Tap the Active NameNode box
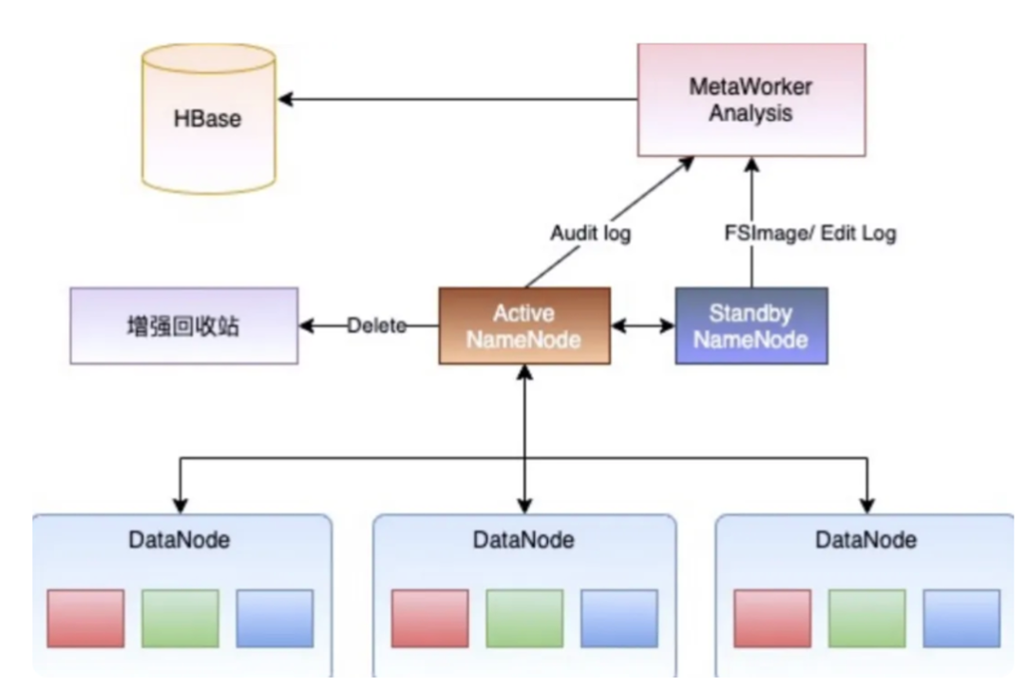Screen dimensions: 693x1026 coord(523,326)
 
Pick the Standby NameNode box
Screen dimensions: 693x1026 coord(750,326)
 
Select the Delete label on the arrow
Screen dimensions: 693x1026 coord(376,326)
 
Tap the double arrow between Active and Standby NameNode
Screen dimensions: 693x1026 coord(641,326)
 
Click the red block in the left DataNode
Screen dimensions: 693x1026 coord(85,618)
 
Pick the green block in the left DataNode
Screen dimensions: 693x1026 coord(180,618)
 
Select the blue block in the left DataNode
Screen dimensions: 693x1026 coord(274,618)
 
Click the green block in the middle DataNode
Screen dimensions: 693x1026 coord(523,618)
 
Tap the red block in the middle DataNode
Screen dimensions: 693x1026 coord(429,618)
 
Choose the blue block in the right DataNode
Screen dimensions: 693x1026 coord(960,618)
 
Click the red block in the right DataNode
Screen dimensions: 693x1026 coord(772,618)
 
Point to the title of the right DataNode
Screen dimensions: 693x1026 coord(866,540)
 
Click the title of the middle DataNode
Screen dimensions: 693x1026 coord(523,540)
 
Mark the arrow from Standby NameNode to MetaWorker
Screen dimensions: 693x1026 coord(751,223)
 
